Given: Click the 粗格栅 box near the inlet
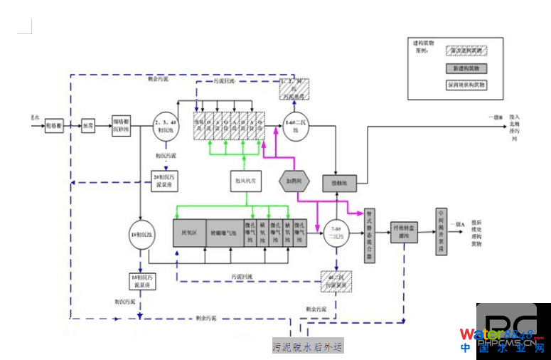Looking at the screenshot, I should (x=55, y=125).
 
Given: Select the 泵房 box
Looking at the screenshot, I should (x=88, y=125).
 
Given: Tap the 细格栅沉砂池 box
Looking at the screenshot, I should (x=122, y=125).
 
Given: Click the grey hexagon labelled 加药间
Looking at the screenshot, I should (x=295, y=181).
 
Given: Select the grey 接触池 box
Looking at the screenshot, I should (x=339, y=183).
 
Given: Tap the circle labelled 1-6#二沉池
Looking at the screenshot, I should (x=295, y=125).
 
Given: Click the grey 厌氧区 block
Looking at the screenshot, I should (x=189, y=233).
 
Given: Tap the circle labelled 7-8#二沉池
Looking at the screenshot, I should (x=334, y=233).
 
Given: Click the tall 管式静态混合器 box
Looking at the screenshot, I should (x=370, y=235).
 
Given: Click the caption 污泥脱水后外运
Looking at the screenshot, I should (x=307, y=346).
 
